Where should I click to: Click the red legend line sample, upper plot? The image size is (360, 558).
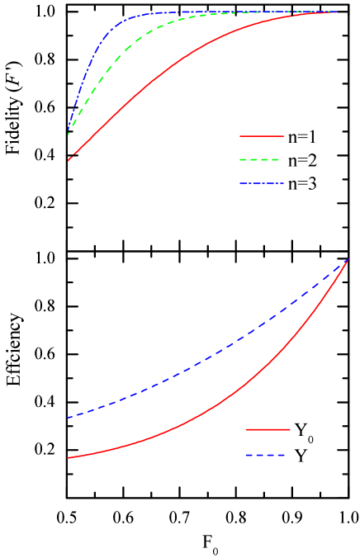pos(262,135)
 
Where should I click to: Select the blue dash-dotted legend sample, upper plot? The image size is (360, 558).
pos(262,183)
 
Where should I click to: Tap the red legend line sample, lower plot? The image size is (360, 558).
pos(268,429)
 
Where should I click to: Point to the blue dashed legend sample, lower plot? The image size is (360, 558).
pos(266,455)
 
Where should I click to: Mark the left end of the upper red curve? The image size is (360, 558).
pos(69,160)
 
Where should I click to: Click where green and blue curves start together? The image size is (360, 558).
pos(68,132)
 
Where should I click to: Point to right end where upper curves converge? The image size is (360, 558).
pos(337,12)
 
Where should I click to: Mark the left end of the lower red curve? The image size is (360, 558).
pos(68,457)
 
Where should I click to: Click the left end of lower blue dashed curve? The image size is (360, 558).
pos(68,418)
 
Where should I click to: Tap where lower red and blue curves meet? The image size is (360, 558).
pos(348,259)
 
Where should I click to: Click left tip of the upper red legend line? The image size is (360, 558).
pos(240,135)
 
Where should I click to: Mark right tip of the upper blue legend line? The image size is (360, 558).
pos(283,183)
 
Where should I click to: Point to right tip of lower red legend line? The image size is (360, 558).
pos(290,429)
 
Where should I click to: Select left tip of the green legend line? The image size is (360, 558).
pos(240,159)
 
